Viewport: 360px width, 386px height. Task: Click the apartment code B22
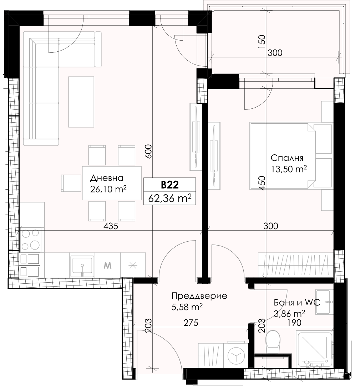[x=170, y=185]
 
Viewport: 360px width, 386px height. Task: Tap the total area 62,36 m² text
[x=170, y=198]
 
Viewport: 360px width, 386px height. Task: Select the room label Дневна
[x=107, y=178]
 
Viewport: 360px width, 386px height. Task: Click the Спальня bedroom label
[x=287, y=158]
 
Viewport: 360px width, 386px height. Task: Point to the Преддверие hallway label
[x=199, y=296]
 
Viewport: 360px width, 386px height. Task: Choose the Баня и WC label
[x=297, y=302]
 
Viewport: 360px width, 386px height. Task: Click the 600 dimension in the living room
[x=148, y=151]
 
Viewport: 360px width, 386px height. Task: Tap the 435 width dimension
[x=111, y=226]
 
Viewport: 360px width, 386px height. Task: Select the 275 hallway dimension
[x=191, y=323]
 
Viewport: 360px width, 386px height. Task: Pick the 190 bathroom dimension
[x=294, y=323]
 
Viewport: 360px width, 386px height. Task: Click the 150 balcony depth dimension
[x=262, y=41]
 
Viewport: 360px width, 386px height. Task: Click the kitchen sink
[x=82, y=267]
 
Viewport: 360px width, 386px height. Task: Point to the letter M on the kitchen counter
[x=107, y=266]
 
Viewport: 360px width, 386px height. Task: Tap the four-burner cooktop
[x=31, y=239]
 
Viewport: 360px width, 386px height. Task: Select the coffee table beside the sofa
[x=81, y=102]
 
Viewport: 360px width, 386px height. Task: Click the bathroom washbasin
[x=323, y=302]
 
